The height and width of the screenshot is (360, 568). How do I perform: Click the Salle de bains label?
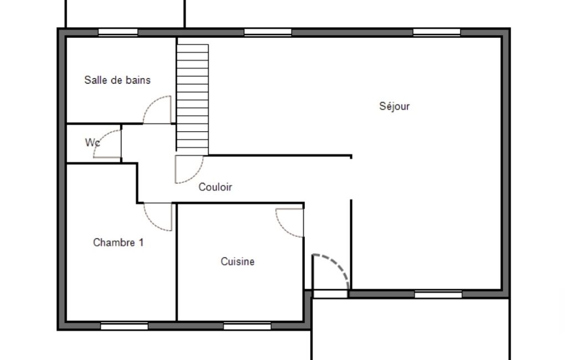pos(117,80)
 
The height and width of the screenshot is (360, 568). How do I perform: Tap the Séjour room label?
pos(395,106)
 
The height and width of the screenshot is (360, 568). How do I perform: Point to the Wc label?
pos(93,142)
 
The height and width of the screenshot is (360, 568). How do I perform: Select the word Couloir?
pos(215,187)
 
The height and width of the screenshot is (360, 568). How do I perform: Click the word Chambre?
pos(114,242)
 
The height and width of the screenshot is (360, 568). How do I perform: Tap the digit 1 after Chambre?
pos(141,242)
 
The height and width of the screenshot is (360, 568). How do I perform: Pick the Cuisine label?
pos(238,261)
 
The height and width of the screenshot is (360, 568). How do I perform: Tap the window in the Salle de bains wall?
pos(118,32)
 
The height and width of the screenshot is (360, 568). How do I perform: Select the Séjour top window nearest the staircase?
pos(268,32)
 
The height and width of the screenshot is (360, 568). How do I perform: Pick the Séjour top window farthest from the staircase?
pos(437,32)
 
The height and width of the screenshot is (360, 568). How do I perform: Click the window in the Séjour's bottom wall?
pos(438,295)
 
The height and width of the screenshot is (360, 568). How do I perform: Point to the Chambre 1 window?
pos(124,326)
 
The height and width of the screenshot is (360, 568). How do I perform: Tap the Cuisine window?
pos(247,326)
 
